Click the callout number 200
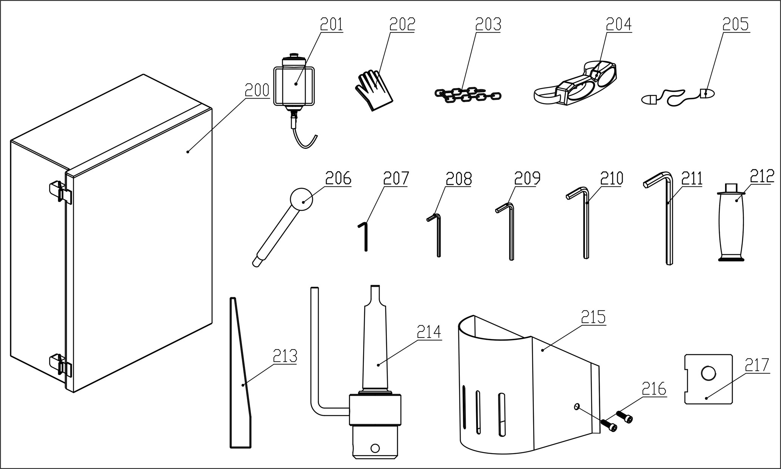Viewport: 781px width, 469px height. (x=257, y=90)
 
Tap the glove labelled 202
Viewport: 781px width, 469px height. (x=373, y=89)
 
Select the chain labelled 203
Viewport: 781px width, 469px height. (x=467, y=95)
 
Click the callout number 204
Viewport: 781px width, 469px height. (x=619, y=25)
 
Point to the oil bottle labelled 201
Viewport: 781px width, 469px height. (x=294, y=85)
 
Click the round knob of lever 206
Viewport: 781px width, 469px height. (x=302, y=199)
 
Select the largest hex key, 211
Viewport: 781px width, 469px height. (x=668, y=223)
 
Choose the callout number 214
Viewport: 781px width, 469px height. (x=429, y=332)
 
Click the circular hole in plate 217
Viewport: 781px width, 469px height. (x=708, y=373)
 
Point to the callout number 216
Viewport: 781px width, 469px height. (x=654, y=389)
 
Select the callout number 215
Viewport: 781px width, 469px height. (x=593, y=317)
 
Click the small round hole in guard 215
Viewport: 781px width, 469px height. (x=577, y=406)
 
